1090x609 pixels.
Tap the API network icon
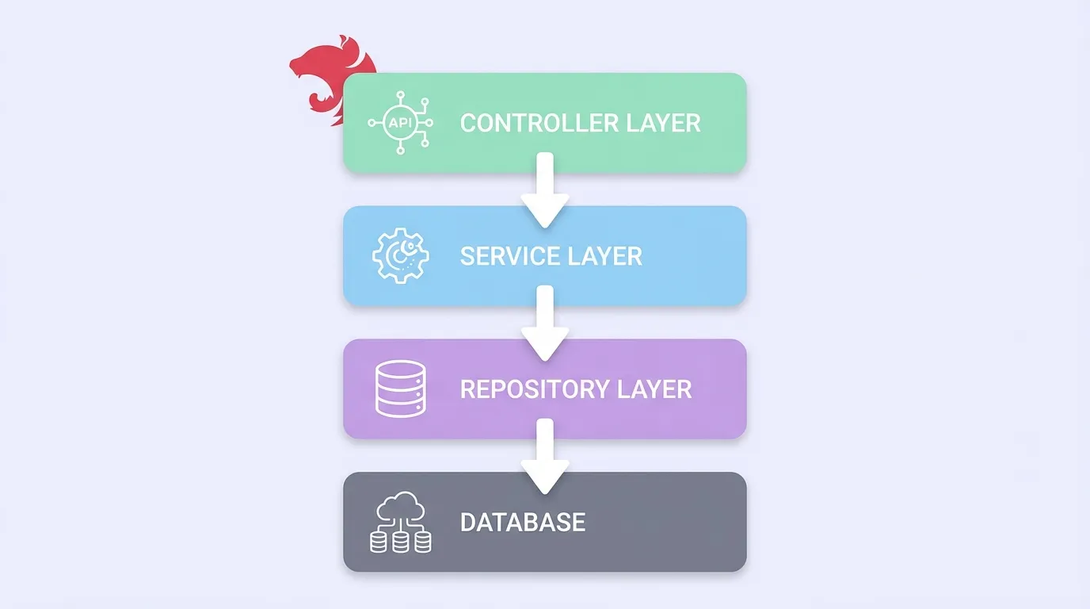coord(399,124)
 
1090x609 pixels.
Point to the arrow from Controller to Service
coord(545,190)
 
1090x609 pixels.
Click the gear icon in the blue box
coord(400,256)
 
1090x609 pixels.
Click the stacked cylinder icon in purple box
coord(400,389)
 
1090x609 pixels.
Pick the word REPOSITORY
coord(532,389)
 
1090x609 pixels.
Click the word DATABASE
coord(523,523)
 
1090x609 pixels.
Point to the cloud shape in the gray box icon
coord(401,506)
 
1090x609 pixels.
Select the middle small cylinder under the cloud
coord(401,542)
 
